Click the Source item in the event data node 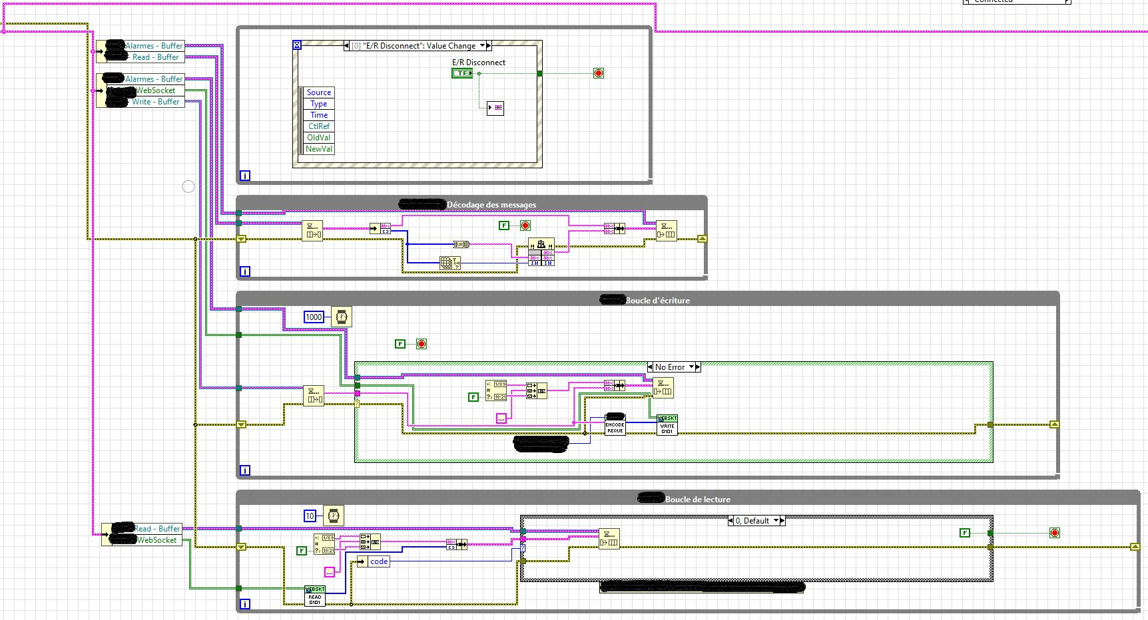(319, 92)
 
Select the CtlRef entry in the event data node (319, 126)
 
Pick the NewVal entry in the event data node (319, 149)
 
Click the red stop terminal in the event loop (599, 73)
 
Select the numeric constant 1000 (314, 317)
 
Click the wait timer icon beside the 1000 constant (341, 317)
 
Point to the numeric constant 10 (310, 516)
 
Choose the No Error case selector (673, 367)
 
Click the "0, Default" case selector (756, 521)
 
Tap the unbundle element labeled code (378, 561)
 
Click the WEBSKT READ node (315, 596)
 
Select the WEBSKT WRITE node (667, 424)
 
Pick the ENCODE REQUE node (615, 426)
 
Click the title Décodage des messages (491, 205)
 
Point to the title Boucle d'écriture (657, 301)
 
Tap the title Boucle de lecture (697, 500)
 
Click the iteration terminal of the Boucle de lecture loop (245, 604)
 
